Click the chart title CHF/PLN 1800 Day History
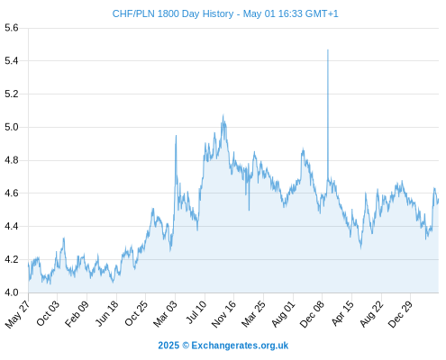[x=173, y=13]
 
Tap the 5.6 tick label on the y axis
[x=12, y=28]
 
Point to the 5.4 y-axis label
[x=12, y=61]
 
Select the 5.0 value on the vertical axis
[x=12, y=127]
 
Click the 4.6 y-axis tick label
[x=12, y=193]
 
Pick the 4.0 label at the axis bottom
[x=12, y=292]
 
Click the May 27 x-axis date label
[x=17, y=314]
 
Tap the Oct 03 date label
[x=48, y=313]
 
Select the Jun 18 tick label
[x=107, y=313]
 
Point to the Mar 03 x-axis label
[x=166, y=314]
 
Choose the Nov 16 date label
[x=223, y=314]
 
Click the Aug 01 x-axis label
[x=284, y=314]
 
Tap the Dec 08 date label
[x=313, y=314]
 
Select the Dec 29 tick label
[x=401, y=314]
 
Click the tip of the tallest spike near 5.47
[x=328, y=49]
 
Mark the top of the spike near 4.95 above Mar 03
[x=176, y=136]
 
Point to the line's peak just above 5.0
[x=223, y=115]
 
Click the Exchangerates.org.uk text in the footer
[x=240, y=346]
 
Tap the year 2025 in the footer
[x=168, y=346]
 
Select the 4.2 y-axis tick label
[x=12, y=259]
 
